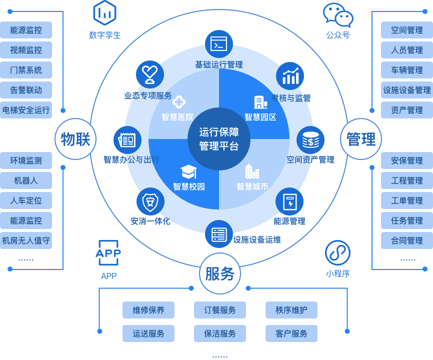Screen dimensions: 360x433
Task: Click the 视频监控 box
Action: pyautogui.click(x=26, y=50)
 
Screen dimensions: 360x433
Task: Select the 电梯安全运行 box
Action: pyautogui.click(x=26, y=110)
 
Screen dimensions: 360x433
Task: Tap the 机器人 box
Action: pyautogui.click(x=26, y=180)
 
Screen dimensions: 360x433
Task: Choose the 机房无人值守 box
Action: pyautogui.click(x=26, y=240)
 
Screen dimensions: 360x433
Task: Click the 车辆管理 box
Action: pyautogui.click(x=406, y=70)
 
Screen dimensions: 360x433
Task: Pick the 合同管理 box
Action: pyautogui.click(x=406, y=240)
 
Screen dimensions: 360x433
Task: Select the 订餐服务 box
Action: pyautogui.click(x=220, y=310)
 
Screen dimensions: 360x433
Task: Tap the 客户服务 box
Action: pyautogui.click(x=291, y=333)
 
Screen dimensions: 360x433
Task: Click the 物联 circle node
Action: pyautogui.click(x=75, y=139)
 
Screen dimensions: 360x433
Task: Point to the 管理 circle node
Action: pyautogui.click(x=360, y=139)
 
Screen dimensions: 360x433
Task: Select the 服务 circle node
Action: pyautogui.click(x=219, y=273)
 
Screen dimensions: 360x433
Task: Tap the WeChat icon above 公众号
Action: pyautogui.click(x=338, y=15)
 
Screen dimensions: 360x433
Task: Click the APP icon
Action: pyautogui.click(x=108, y=254)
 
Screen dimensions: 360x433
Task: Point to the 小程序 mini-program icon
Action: pyautogui.click(x=337, y=253)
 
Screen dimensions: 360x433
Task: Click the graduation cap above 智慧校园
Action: pyautogui.click(x=188, y=171)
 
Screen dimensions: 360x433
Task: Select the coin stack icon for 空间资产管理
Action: pyautogui.click(x=310, y=140)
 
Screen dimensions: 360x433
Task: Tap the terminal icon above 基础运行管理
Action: pyautogui.click(x=219, y=44)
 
